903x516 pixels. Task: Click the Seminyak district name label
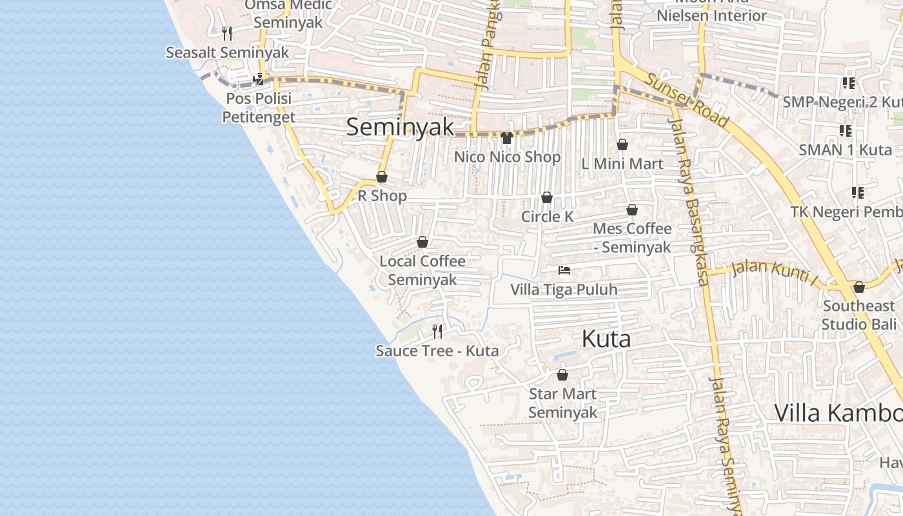click(x=400, y=126)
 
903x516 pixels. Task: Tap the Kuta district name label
click(x=606, y=339)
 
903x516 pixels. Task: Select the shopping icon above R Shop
click(x=382, y=177)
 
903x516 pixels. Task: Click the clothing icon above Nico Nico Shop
click(x=506, y=138)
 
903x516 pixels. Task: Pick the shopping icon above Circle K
click(x=547, y=197)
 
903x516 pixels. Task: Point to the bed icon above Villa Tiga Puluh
click(x=564, y=270)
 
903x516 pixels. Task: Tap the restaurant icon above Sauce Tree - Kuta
click(x=437, y=332)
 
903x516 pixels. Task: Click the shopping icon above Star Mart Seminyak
click(x=562, y=375)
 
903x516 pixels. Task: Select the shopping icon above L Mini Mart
click(x=622, y=144)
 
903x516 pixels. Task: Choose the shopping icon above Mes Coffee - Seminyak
click(x=632, y=210)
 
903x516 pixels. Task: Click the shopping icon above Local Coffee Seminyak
click(x=422, y=242)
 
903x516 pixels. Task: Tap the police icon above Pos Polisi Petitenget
click(x=259, y=79)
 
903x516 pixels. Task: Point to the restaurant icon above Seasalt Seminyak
click(x=227, y=33)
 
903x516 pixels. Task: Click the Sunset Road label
click(x=688, y=101)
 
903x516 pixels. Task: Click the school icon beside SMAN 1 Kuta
click(x=846, y=131)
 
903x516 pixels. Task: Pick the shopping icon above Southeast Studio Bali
click(x=858, y=287)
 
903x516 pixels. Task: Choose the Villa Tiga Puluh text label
click(x=564, y=290)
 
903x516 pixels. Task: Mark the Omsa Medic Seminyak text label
click(x=288, y=14)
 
